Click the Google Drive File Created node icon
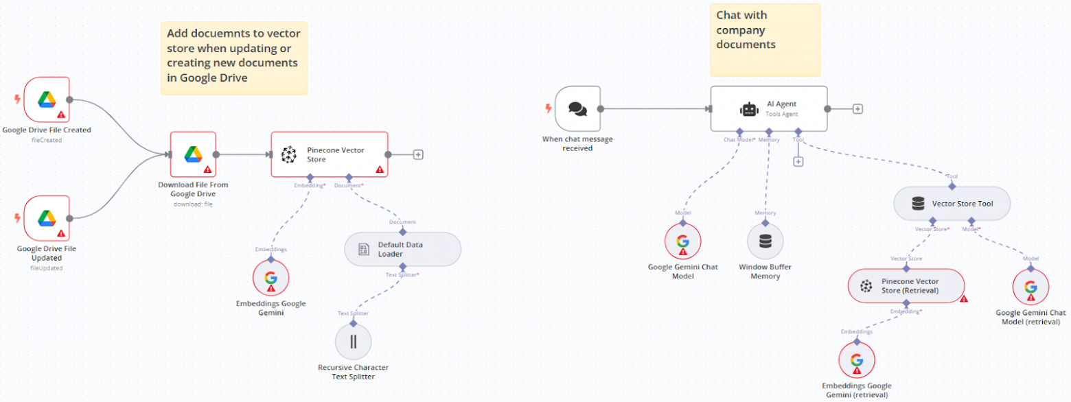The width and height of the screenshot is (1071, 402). point(47,99)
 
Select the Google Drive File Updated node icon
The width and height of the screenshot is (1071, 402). point(47,218)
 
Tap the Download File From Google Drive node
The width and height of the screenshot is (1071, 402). point(193,154)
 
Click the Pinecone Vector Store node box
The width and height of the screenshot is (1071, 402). point(329,154)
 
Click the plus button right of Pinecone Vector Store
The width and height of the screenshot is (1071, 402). point(417,154)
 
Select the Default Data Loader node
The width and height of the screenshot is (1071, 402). point(402,249)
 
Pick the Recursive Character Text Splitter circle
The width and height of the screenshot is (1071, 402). point(353,341)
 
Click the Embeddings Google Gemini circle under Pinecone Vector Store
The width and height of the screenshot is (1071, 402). point(270,277)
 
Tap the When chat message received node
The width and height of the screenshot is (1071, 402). point(577,108)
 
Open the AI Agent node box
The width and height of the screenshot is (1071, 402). point(768,108)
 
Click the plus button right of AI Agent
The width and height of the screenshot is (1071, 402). point(857,108)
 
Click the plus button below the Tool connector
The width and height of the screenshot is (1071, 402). point(798,161)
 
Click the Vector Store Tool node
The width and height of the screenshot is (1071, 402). point(952,204)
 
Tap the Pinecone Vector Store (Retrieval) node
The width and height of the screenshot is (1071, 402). point(906,285)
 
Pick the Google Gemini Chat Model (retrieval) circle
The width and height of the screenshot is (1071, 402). point(1030,286)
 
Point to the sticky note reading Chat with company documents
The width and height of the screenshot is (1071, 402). point(765,40)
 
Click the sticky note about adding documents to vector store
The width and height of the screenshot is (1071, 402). point(234,57)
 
